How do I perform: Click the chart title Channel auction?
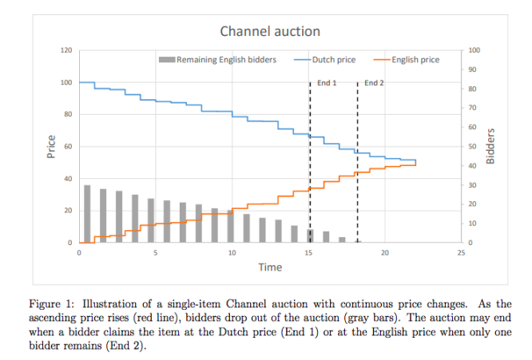270,32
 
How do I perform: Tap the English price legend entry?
416,59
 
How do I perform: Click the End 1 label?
327,83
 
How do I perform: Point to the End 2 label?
374,83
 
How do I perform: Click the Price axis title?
51,147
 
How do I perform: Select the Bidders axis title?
490,146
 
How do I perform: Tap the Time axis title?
269,267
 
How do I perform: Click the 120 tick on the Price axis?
66,50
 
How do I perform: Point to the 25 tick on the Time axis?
461,252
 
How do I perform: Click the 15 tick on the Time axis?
308,252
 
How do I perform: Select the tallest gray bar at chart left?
87,214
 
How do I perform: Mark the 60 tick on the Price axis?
68,147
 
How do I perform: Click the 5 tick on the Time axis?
155,252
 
